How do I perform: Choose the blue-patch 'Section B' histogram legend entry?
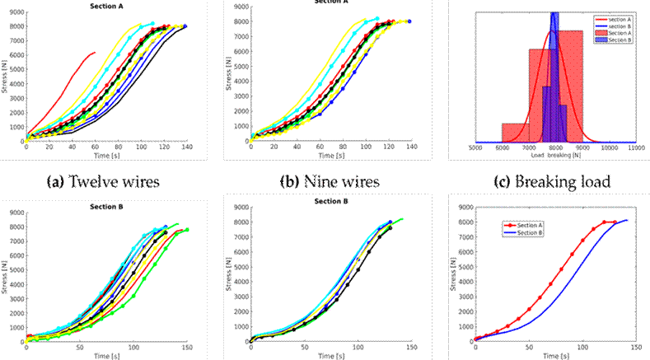click(x=606, y=39)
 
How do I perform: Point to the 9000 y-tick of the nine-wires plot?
click(x=241, y=7)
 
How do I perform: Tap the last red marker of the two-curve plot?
click(x=615, y=222)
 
